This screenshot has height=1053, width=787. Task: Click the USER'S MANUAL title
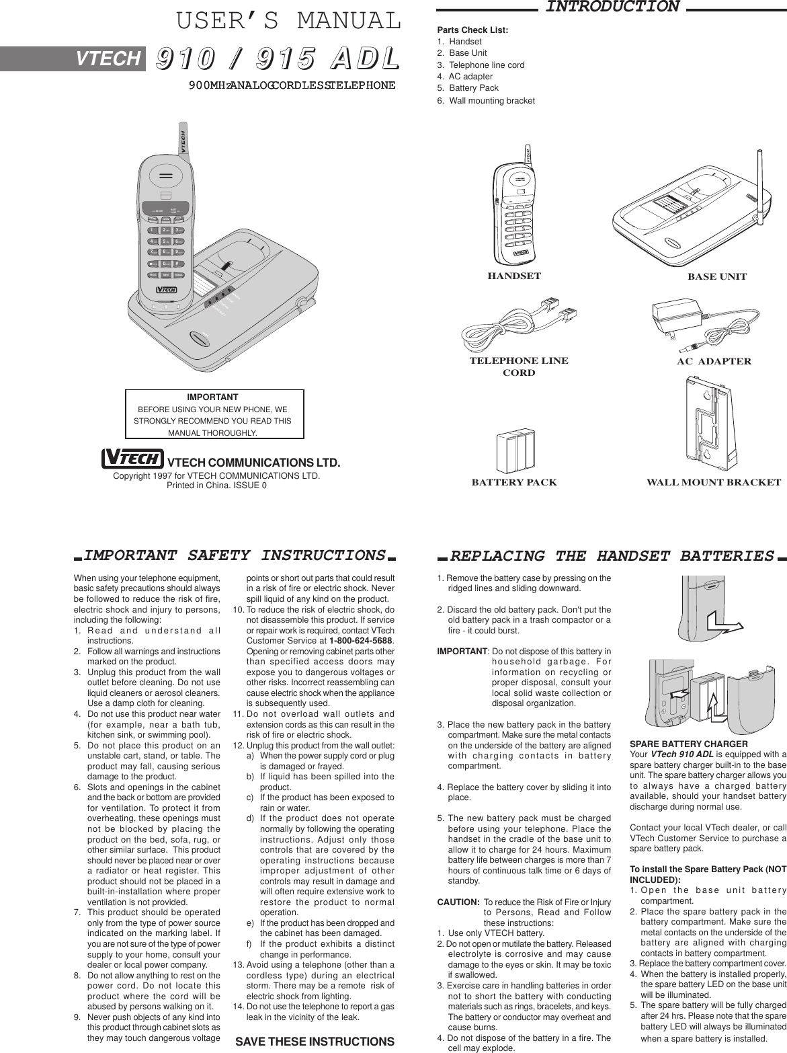pos(288,22)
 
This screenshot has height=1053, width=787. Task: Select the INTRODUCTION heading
pos(612,7)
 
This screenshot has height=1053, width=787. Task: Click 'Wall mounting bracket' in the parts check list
pos(491,101)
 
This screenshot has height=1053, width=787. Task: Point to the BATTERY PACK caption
pos(514,482)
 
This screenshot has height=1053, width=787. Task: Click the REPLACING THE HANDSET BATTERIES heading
pos(612,556)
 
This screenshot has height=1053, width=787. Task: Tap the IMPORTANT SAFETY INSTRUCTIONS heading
pos(235,555)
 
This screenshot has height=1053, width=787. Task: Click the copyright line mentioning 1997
pos(216,476)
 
